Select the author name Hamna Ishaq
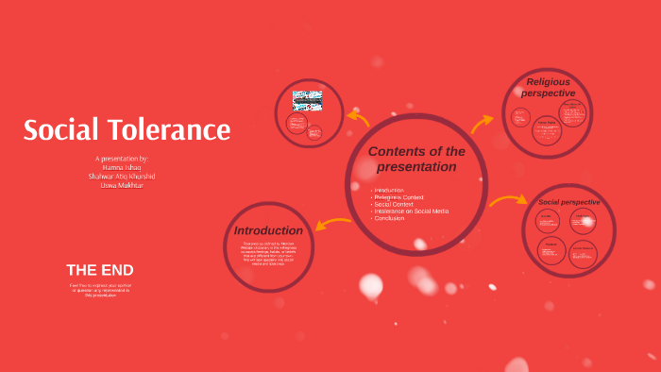(x=122, y=167)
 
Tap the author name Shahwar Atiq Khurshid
(x=122, y=177)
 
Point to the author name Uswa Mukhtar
(x=122, y=185)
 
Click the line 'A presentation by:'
(x=122, y=159)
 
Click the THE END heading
(x=99, y=270)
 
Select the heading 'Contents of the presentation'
(x=416, y=159)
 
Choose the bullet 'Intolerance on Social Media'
(x=411, y=211)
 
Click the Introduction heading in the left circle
(x=268, y=230)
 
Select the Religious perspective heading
(x=548, y=87)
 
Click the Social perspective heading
(x=568, y=202)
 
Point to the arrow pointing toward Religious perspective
(x=482, y=123)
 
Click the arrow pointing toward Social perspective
(x=508, y=200)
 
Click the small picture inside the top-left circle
(x=307, y=101)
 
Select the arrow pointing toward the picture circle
(x=358, y=119)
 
